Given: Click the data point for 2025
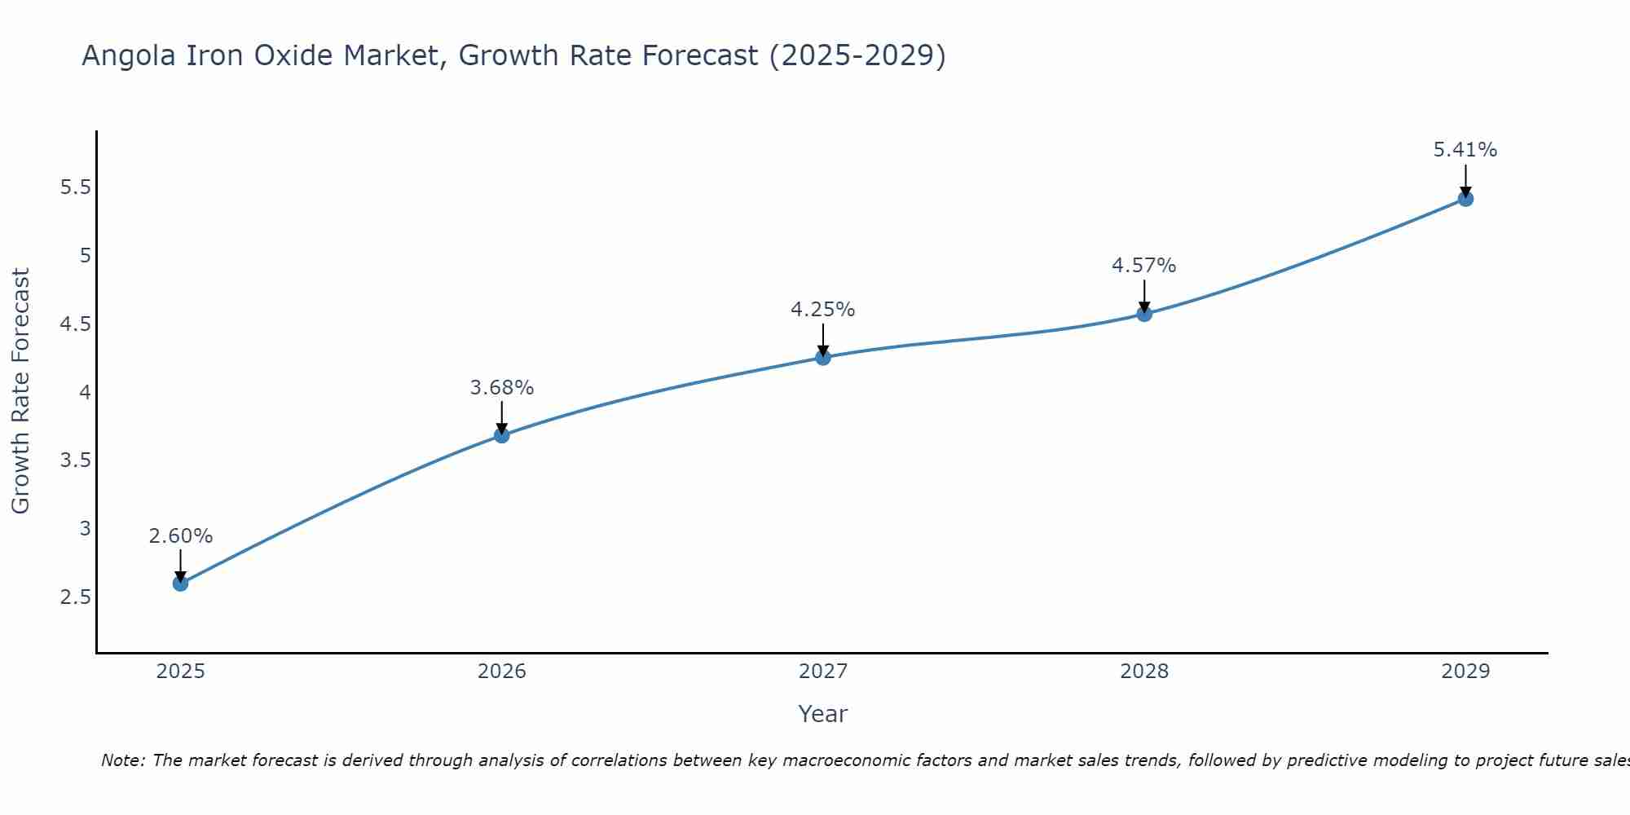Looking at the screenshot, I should (181, 584).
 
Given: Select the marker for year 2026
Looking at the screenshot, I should (502, 435).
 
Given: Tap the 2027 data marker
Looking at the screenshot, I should (823, 357).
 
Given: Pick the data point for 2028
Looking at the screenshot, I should (1144, 314).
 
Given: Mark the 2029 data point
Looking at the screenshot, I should (1465, 199).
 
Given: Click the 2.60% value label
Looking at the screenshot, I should (181, 536).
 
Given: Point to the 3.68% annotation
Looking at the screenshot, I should (502, 388).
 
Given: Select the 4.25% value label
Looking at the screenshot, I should (823, 310).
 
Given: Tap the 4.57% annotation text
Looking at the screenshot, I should (1144, 266).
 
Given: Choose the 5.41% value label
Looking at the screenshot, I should (1465, 150).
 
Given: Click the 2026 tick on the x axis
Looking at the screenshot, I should (502, 672).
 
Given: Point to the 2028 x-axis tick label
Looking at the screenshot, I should (1144, 672).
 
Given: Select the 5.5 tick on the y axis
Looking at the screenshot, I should (76, 187).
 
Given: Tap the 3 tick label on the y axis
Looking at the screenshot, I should (85, 529).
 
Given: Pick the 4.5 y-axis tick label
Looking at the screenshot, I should (76, 324).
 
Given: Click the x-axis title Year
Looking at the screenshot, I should (823, 714).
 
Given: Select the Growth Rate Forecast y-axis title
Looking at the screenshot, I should (21, 391).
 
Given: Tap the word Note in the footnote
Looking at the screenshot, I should (122, 760).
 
